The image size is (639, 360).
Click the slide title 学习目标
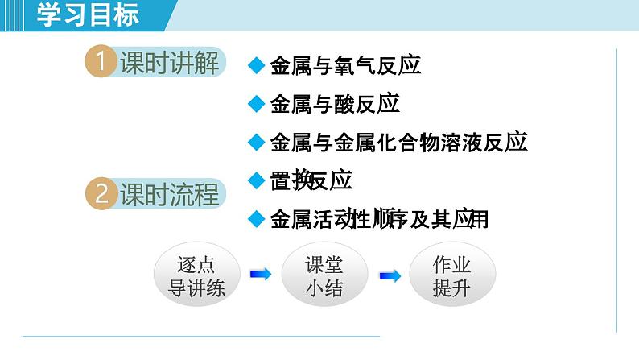coord(89,15)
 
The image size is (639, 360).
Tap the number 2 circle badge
coord(101,194)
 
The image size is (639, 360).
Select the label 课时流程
coord(169,194)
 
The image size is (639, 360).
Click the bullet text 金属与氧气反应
coord(345,65)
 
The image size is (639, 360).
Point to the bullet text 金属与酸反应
coord(335,104)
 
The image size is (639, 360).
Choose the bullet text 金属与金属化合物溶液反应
coord(398,143)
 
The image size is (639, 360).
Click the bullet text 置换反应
coord(311,180)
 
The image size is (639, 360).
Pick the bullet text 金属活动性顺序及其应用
coord(379,218)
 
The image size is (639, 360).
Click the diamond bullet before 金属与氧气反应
coord(256,65)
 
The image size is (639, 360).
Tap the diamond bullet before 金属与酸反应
coord(256,104)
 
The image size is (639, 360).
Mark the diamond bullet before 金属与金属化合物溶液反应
coord(256,143)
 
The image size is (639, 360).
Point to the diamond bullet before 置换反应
coord(256,180)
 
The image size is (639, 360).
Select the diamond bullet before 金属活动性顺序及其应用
coord(256,218)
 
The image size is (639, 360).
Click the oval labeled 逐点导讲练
coord(196,275)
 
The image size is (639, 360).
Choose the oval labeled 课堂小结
coord(324,275)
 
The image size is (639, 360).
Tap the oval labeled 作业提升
coord(451,275)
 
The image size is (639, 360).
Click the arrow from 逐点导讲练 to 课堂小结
coord(260,275)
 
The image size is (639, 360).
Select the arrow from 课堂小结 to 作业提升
coord(390,275)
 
